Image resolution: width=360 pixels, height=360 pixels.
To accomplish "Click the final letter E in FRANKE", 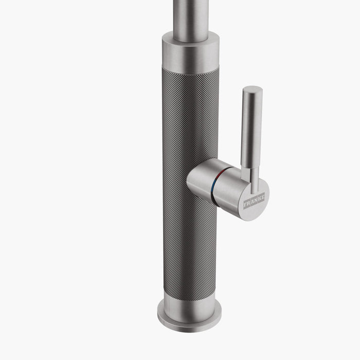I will pyautogui.click(x=262, y=196).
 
